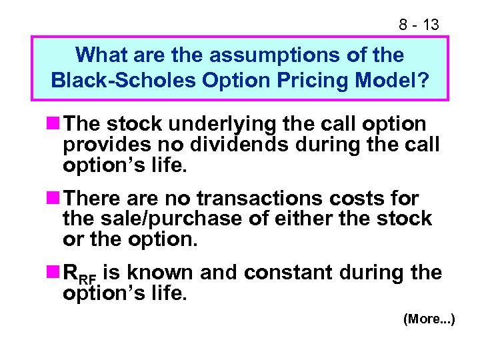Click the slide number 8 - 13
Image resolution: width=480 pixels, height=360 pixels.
(419, 25)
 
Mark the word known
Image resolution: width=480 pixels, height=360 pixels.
(158, 273)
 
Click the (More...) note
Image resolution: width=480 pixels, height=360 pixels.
(429, 320)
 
